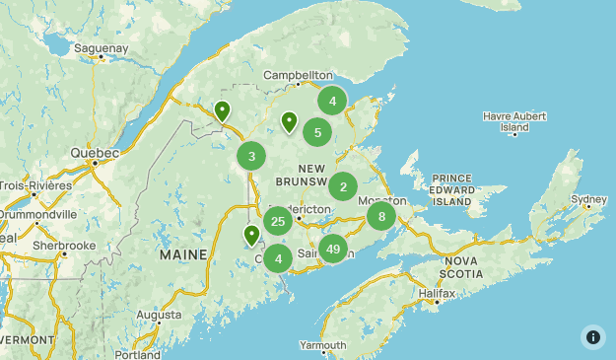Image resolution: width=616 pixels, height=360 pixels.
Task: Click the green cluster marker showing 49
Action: [x=333, y=249]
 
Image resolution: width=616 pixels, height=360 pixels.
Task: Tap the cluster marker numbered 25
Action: [x=278, y=222]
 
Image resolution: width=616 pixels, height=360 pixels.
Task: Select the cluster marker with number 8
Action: [x=381, y=216]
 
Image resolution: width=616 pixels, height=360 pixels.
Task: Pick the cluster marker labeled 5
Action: [x=317, y=132]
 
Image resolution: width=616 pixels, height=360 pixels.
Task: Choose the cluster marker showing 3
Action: [x=252, y=156]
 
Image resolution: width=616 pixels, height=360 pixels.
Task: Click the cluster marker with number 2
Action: [x=343, y=186]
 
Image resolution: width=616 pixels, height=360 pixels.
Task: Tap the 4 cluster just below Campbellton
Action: [x=333, y=101]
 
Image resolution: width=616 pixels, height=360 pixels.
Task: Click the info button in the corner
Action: [x=592, y=336]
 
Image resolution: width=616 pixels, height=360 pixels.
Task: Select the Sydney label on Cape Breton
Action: [x=589, y=199]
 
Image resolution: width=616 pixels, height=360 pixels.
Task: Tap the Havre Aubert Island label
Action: [x=513, y=121]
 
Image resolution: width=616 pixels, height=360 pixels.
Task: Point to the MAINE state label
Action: [x=183, y=254]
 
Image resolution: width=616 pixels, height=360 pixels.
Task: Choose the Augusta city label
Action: [x=159, y=316]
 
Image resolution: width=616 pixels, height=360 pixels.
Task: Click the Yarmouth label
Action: [x=322, y=345]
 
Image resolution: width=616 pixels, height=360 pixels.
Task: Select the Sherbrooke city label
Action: [x=63, y=245]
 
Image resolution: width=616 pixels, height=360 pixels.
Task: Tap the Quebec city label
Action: [x=95, y=153]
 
